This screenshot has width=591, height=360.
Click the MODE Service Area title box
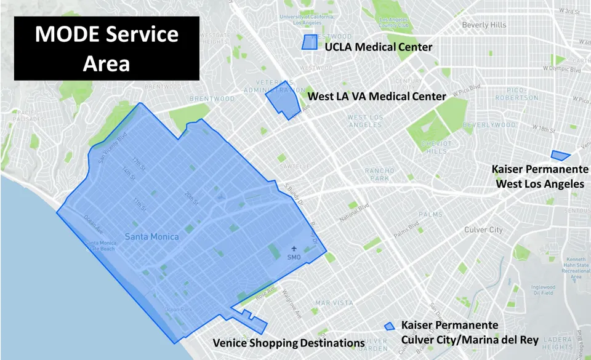(x=107, y=49)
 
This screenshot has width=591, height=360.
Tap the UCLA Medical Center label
(x=378, y=47)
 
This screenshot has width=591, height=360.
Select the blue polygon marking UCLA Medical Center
(x=309, y=42)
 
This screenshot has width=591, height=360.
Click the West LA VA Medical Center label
(x=377, y=97)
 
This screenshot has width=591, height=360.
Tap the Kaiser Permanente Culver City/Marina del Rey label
(x=469, y=332)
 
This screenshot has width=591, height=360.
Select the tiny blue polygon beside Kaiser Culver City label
(x=389, y=326)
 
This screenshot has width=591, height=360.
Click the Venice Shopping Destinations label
(x=288, y=343)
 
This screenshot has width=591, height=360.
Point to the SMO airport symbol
(x=293, y=249)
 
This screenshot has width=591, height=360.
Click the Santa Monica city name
(x=151, y=236)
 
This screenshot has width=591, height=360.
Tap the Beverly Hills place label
(x=484, y=25)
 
